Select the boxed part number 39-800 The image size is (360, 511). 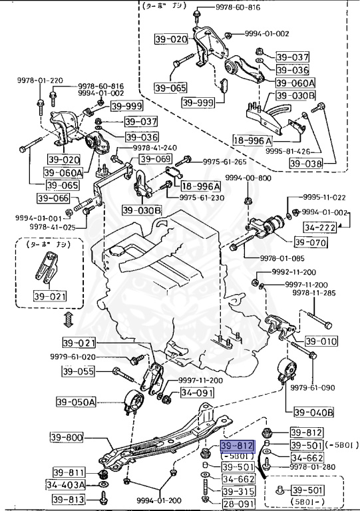[x=65, y=438]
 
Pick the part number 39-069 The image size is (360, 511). [x=154, y=159]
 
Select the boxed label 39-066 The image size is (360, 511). [x=52, y=198]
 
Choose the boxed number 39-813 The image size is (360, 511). [x=68, y=499]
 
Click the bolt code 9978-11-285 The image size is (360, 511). [x=326, y=291]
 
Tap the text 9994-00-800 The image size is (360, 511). [x=248, y=178]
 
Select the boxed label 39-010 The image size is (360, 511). [x=326, y=341]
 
